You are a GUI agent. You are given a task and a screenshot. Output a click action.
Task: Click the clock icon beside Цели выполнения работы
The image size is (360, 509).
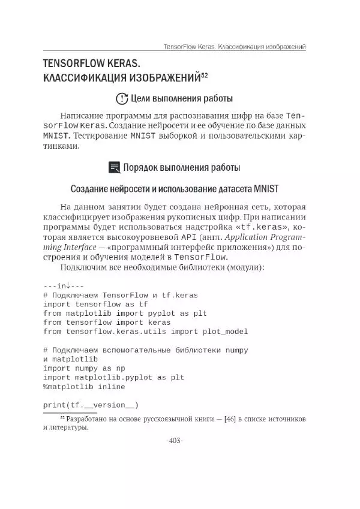[121, 99]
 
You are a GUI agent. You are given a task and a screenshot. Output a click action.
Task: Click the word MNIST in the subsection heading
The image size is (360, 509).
[266, 189]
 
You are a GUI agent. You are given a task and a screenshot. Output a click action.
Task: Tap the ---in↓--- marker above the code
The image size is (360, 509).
[64, 286]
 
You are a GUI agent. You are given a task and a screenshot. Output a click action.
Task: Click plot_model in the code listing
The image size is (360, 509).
[223, 332]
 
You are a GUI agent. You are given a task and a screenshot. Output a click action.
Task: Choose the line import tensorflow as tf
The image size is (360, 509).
[95, 304]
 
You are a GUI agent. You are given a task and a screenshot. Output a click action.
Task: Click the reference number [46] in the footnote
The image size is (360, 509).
[230, 418]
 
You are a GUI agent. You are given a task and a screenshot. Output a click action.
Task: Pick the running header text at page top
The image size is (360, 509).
[235, 46]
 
